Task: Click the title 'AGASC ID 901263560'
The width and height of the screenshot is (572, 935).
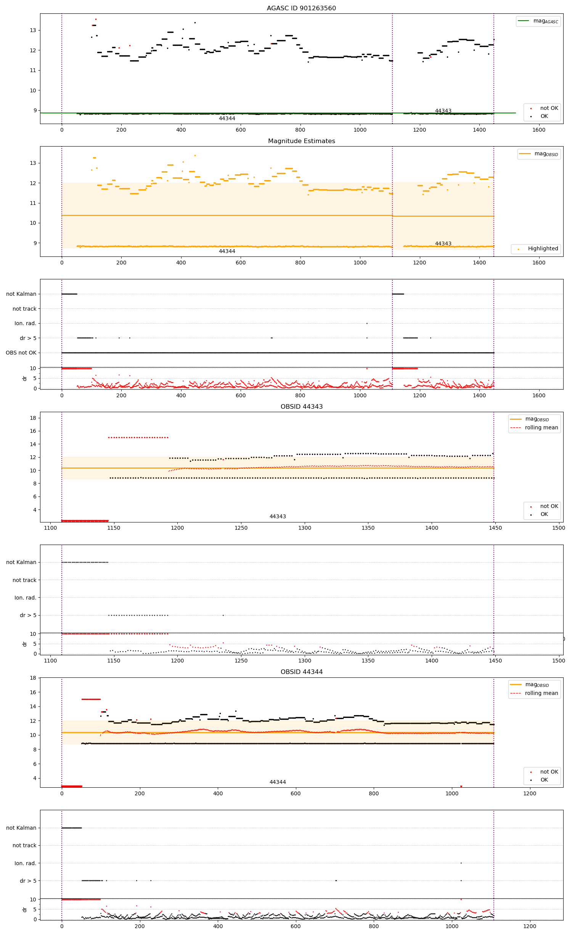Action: point(301,8)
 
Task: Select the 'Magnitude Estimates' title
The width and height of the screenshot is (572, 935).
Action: point(301,141)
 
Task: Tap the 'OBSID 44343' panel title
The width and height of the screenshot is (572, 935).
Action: point(301,407)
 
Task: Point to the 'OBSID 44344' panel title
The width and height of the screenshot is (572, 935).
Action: point(301,672)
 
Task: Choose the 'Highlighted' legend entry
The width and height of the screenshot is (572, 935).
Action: point(543,249)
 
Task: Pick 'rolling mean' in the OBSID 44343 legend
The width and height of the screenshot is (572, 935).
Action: point(541,428)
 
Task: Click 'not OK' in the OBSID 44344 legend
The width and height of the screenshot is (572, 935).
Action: point(549,772)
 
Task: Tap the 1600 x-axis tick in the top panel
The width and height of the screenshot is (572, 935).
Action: point(539,130)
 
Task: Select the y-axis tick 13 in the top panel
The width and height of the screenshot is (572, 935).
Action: point(33,31)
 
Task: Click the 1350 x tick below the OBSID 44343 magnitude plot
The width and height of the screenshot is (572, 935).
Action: point(368,528)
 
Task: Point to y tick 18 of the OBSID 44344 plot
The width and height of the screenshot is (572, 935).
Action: point(33,678)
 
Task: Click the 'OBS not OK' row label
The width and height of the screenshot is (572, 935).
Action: point(21,353)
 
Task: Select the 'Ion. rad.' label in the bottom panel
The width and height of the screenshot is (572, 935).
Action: point(25,863)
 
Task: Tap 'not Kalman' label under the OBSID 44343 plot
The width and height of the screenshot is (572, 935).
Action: point(21,563)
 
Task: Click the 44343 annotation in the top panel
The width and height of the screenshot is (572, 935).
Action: point(443,111)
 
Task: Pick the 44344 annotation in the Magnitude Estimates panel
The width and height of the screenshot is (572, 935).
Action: point(227,251)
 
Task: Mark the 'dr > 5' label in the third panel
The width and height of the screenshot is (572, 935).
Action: point(28,339)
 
